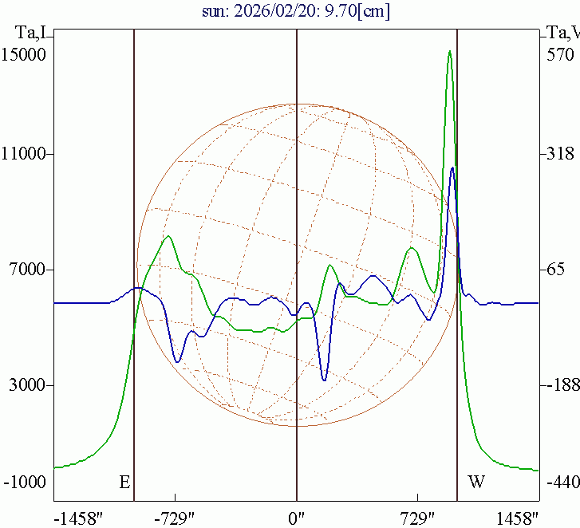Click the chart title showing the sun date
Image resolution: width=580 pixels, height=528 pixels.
pos(296,12)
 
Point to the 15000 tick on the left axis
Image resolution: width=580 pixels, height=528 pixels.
pos(24,55)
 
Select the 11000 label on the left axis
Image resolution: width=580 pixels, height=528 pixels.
pos(24,155)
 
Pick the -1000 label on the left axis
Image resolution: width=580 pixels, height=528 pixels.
pos(25,483)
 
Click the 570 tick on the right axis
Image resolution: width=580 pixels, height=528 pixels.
pos(559,55)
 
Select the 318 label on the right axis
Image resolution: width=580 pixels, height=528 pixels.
pos(559,155)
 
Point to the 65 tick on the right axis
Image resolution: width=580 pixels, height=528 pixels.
pos(556,270)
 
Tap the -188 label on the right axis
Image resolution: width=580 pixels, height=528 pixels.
pos(561,386)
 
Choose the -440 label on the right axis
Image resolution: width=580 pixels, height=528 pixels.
pos(561,483)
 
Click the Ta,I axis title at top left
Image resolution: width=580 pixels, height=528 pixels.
pos(31,33)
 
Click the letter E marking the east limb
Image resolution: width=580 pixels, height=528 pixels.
pos(124,483)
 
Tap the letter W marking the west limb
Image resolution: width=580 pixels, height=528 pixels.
pos(476,483)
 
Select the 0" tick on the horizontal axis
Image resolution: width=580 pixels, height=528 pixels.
pos(297,518)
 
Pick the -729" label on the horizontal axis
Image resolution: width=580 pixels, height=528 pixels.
pos(175,518)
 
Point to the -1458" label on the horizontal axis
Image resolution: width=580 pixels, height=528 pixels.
pos(77,518)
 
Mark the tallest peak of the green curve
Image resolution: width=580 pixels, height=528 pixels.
pos(450,52)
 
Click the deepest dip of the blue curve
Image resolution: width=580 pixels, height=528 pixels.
pos(325,380)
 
